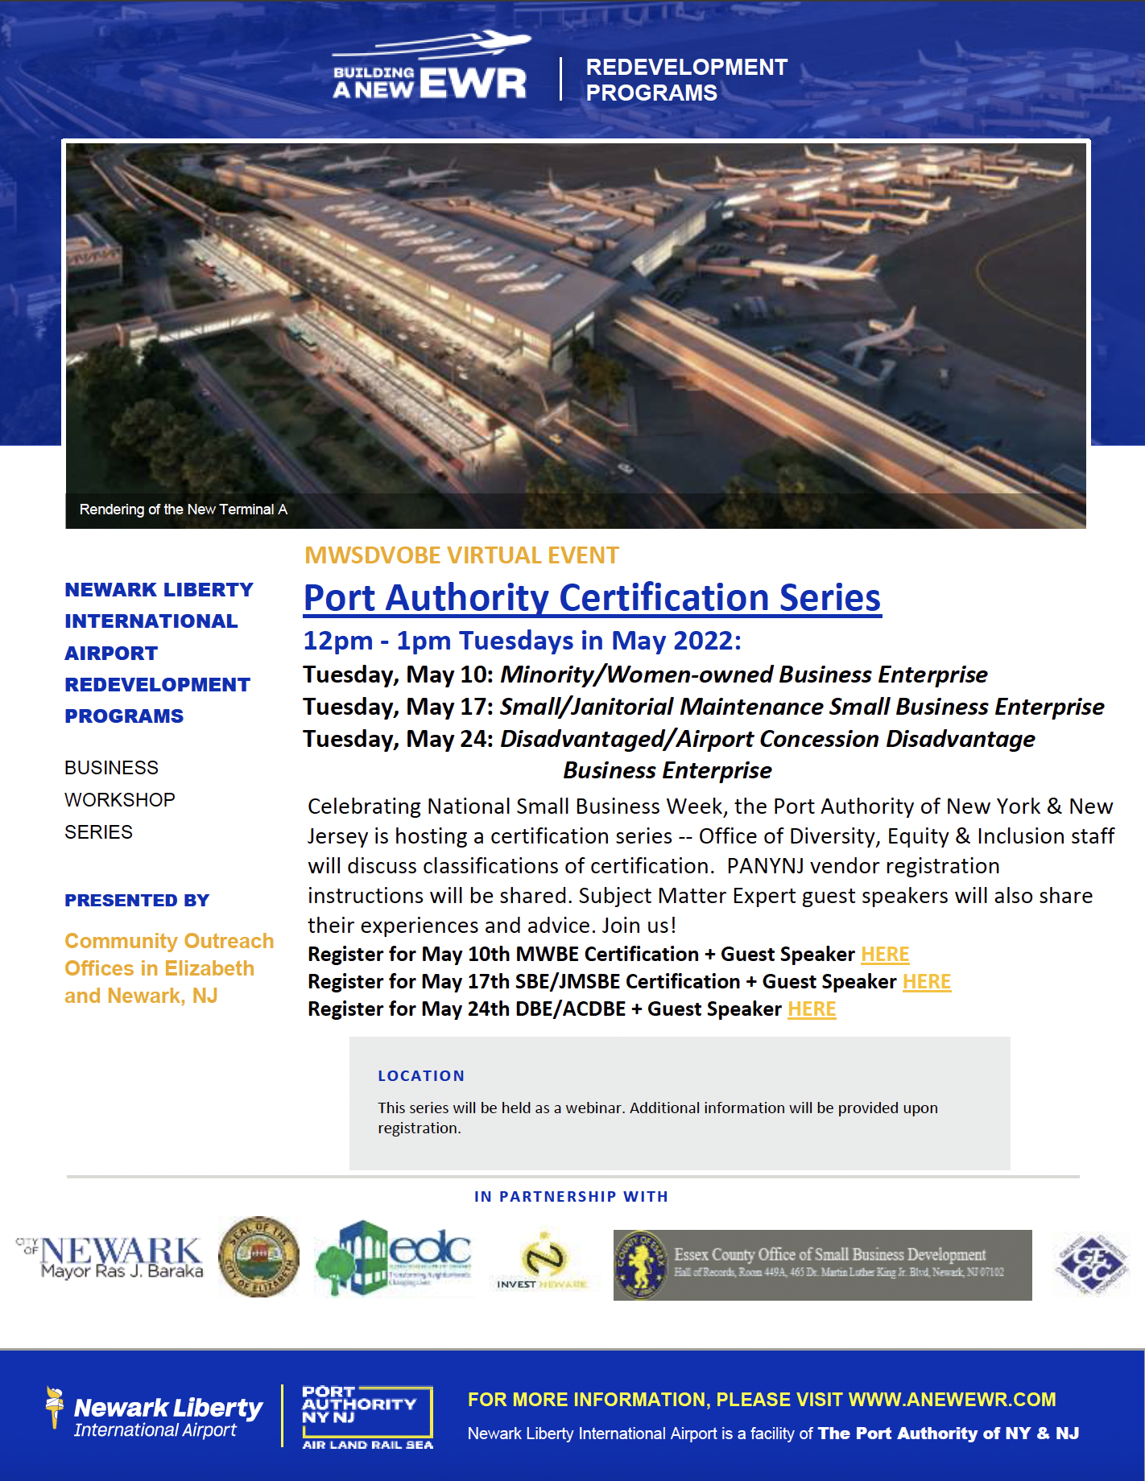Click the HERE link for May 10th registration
tap(884, 954)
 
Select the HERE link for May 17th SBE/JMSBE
tap(926, 981)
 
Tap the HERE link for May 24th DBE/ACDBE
tap(811, 1009)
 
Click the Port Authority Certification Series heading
tap(592, 598)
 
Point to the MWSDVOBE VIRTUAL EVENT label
tap(461, 555)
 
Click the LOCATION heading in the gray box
tap(421, 1076)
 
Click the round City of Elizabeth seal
tap(258, 1256)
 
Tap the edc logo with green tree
tap(393, 1256)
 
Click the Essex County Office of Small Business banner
tap(822, 1264)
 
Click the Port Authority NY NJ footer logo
tap(367, 1416)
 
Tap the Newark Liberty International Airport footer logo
tap(155, 1416)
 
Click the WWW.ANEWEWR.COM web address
tap(952, 1400)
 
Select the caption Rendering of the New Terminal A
tap(183, 509)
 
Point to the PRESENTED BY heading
tap(137, 901)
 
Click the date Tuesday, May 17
tap(398, 707)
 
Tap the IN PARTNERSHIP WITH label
tap(571, 1197)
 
